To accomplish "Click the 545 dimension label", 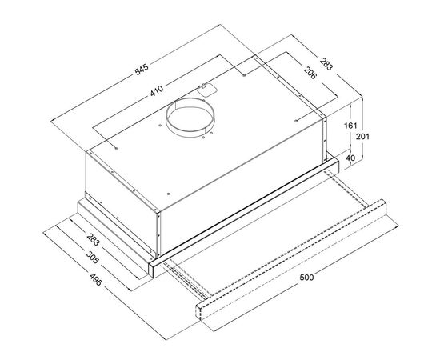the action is tap(142, 70).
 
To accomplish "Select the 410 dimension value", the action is tap(157, 90).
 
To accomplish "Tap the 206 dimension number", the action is tap(310, 73).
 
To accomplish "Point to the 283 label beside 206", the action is tap(326, 64).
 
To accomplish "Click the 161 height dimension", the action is tap(350, 126).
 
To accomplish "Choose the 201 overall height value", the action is tap(363, 137).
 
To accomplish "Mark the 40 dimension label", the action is tap(350, 158).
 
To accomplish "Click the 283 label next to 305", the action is tap(94, 239).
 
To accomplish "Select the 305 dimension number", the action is tap(92, 258).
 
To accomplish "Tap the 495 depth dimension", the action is tap(96, 279).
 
